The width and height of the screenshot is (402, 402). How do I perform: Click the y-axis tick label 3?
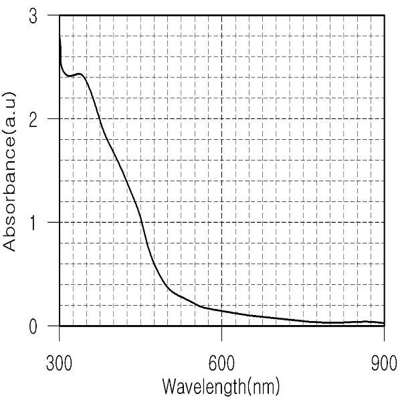tap(33, 17)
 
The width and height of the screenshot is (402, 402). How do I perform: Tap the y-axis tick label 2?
tap(33, 120)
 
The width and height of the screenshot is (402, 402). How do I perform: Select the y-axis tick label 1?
tap(33, 223)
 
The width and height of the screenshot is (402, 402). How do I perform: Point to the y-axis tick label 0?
tap(33, 326)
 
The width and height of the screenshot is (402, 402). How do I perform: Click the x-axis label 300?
tap(59, 364)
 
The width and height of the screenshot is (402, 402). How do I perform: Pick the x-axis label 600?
tap(221, 364)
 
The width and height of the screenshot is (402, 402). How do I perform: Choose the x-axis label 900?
tap(384, 364)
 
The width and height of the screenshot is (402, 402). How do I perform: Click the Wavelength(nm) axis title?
tap(221, 387)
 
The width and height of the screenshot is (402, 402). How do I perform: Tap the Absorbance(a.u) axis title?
tap(9, 171)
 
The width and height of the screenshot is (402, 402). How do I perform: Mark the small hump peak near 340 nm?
tap(80, 74)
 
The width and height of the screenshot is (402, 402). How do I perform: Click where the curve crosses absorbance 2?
tap(100, 118)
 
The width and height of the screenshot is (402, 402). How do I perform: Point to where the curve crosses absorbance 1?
tap(141, 222)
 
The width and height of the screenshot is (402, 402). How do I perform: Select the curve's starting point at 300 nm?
tap(60, 36)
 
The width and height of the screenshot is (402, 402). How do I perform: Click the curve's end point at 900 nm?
tap(384, 323)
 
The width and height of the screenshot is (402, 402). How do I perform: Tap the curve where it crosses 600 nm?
tap(221, 311)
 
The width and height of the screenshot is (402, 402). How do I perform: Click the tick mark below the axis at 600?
tap(221, 334)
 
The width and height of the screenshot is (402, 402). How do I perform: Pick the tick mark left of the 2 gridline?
tap(54, 118)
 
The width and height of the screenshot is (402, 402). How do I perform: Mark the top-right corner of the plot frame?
tap(385, 15)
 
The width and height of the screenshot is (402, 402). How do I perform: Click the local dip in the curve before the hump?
tap(69, 76)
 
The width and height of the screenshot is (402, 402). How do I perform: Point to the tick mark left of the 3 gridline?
tap(54, 15)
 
